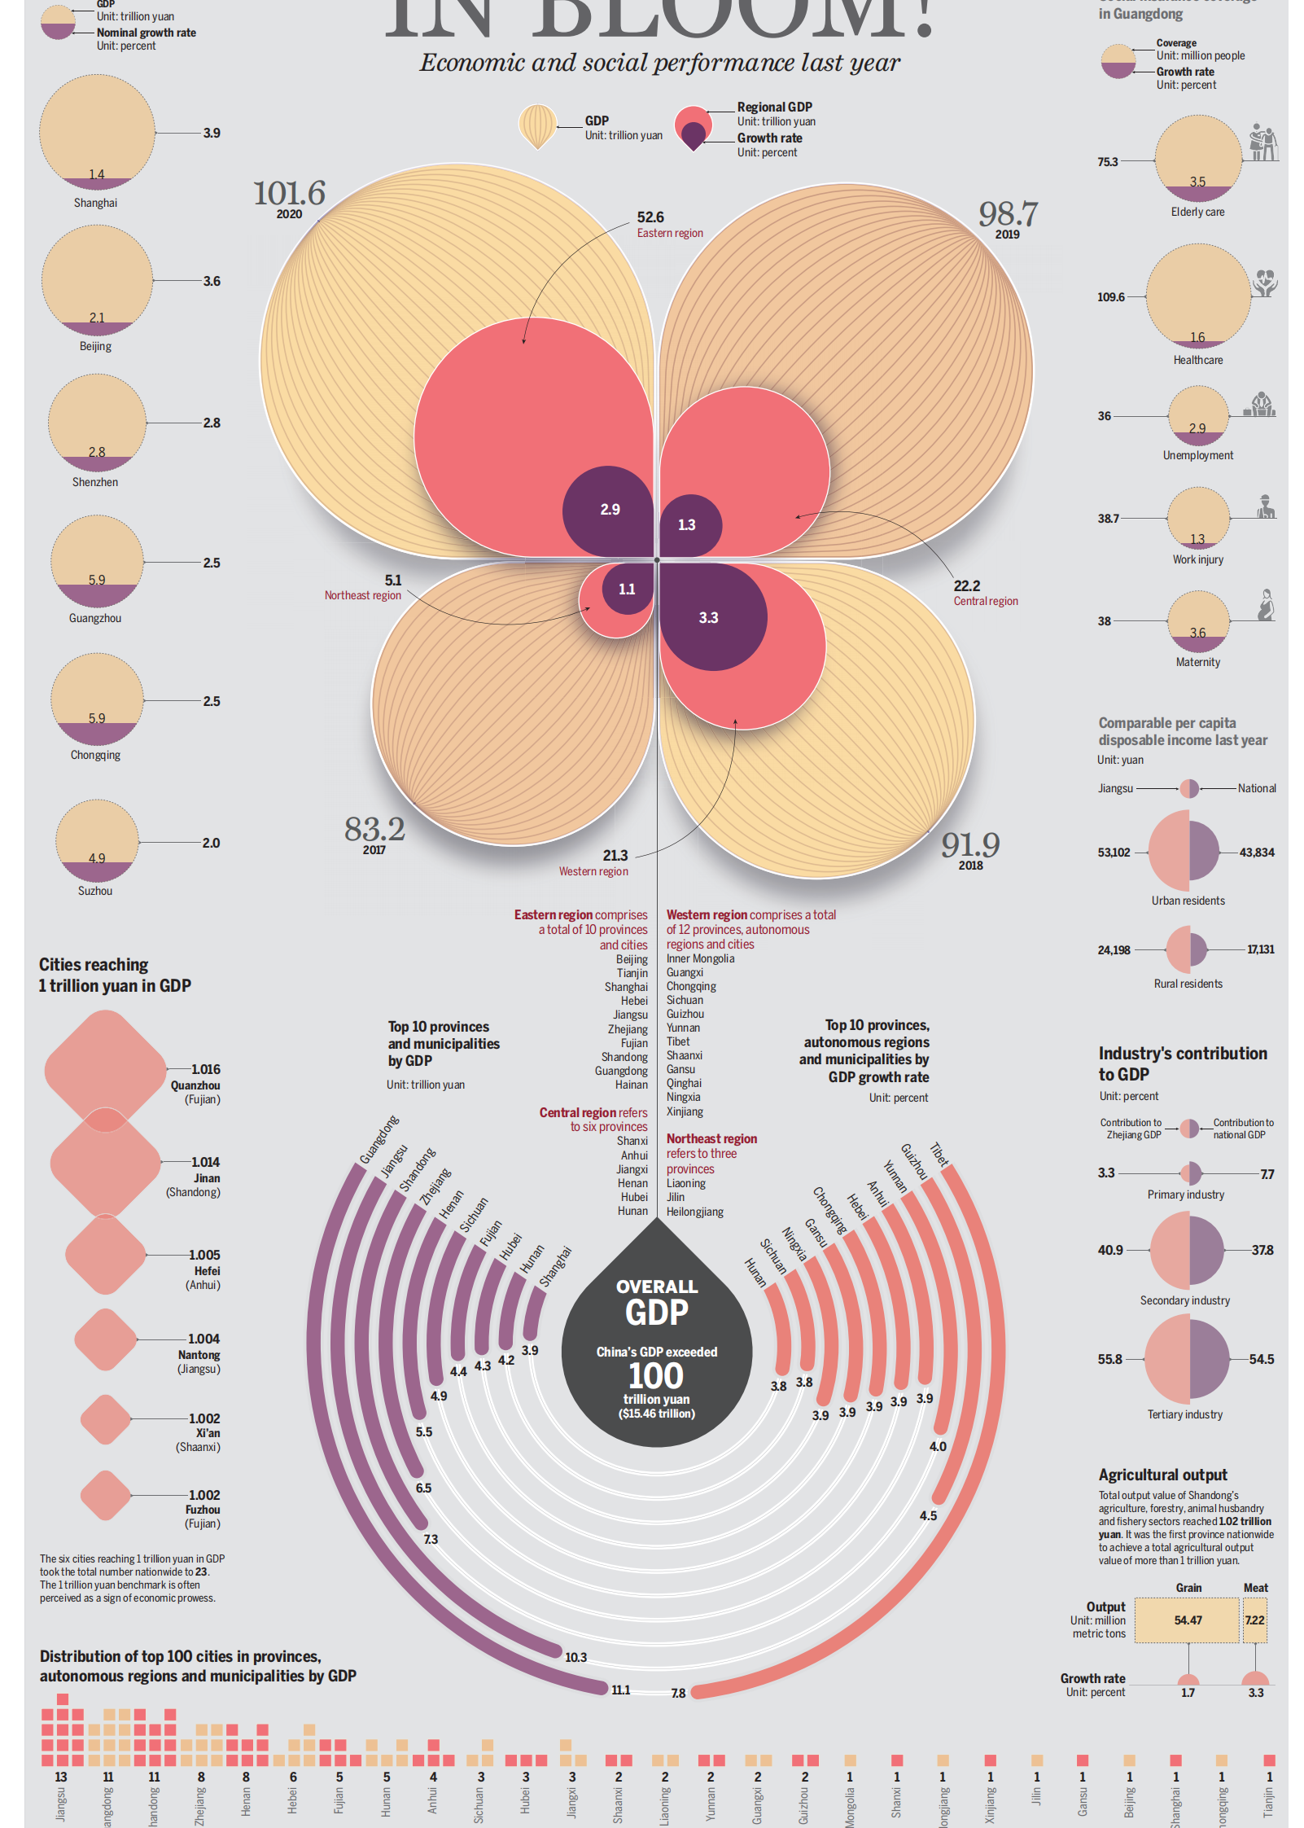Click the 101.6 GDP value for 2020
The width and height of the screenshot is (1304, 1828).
coord(289,194)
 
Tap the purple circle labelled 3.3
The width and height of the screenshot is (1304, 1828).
coord(709,618)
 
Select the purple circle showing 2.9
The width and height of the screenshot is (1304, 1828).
coord(610,510)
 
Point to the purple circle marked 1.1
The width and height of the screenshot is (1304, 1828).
coord(627,589)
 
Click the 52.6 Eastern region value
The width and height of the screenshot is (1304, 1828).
coord(650,217)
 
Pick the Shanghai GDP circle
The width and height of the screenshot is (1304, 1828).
coord(97,132)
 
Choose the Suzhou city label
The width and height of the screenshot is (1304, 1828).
coord(95,891)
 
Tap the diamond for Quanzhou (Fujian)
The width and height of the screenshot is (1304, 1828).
coord(106,1071)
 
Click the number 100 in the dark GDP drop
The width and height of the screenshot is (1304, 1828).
coord(656,1376)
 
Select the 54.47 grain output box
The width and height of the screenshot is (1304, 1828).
coord(1188,1620)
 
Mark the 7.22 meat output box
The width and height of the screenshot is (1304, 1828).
coord(1254,1620)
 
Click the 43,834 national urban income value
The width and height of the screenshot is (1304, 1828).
coord(1257,853)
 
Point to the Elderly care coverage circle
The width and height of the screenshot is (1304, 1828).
coord(1197,159)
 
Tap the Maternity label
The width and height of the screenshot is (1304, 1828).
coord(1197,662)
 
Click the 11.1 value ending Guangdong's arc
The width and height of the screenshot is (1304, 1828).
coord(621,1690)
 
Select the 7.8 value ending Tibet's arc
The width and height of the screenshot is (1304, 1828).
coord(678,1693)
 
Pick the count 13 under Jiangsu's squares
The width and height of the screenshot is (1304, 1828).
coord(61,1777)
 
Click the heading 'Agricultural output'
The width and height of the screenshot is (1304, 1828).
coord(1162,1475)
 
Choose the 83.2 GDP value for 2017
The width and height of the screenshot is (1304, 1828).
coord(374,830)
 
